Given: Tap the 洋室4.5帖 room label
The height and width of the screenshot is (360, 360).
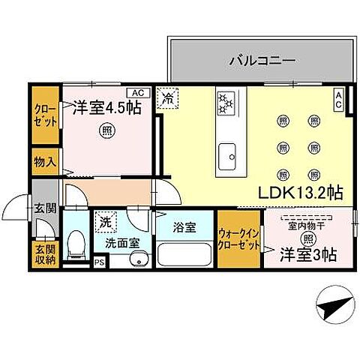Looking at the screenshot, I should (107, 108).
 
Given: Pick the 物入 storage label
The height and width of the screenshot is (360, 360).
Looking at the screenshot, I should (45, 160).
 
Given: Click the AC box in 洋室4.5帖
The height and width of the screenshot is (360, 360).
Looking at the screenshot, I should (136, 92).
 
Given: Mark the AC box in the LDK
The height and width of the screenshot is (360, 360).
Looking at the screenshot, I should (339, 100).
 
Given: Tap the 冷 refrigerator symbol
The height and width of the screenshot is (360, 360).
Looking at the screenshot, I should (168, 97).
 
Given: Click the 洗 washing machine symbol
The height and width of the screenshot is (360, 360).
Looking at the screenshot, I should (106, 223).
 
